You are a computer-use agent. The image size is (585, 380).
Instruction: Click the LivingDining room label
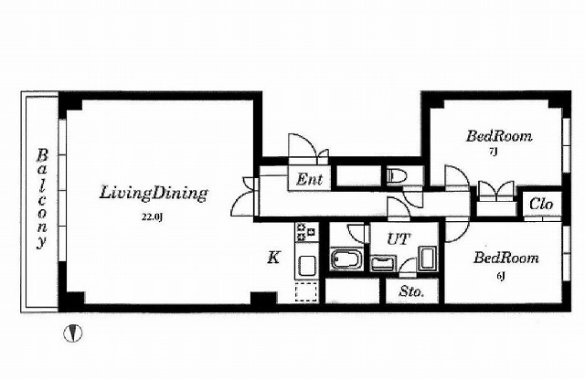point(154,193)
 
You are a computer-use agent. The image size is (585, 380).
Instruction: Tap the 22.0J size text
point(152,217)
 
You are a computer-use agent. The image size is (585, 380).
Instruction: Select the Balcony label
point(42,199)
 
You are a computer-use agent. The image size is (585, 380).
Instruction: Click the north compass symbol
point(73,333)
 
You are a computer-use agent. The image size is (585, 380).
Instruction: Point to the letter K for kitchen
point(273,258)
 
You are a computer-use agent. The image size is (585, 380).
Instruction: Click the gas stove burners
point(307,232)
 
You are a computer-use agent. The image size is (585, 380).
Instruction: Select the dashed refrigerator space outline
point(307,291)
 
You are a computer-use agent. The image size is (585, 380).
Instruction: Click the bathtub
point(346,259)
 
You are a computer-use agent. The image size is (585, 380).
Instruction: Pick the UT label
point(399,239)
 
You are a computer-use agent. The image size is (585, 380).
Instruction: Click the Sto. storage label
point(411,291)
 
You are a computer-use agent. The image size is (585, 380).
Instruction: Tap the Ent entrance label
point(309,179)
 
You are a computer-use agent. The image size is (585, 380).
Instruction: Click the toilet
point(395,175)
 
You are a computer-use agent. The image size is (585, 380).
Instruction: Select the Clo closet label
point(541,204)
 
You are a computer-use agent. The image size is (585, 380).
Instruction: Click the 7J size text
point(493,152)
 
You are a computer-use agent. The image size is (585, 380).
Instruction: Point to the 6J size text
point(501,276)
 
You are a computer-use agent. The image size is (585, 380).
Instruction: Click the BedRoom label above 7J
point(499,136)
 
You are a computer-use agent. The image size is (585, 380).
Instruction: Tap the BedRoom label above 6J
point(506,258)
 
